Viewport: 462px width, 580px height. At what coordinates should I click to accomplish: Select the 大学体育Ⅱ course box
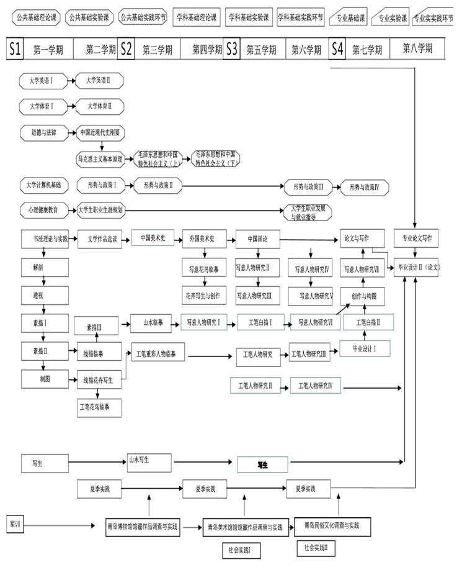(99, 106)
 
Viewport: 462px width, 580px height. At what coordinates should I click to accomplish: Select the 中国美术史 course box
(153, 238)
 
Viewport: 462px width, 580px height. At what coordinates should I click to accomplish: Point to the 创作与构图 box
(363, 296)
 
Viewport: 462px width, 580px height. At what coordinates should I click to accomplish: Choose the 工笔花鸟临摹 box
(99, 407)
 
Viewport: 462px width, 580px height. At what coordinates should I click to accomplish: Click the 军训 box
(14, 523)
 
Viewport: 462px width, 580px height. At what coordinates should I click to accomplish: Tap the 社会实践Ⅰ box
(242, 550)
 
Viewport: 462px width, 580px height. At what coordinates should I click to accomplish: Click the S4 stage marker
(337, 49)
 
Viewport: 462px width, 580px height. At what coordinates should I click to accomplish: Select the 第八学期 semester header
(417, 49)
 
